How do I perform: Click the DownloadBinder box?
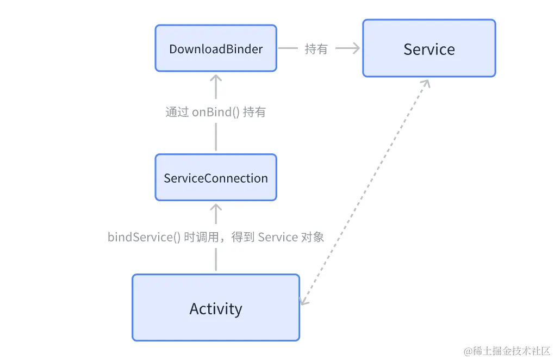(216, 48)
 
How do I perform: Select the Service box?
(429, 48)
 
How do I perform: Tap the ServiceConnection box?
(216, 178)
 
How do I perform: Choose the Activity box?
(216, 308)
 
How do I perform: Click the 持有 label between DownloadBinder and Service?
(316, 49)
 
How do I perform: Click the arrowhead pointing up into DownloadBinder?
(216, 77)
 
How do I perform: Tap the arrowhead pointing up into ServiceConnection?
(216, 207)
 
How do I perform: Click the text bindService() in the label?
(144, 237)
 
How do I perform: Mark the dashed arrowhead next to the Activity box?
(304, 301)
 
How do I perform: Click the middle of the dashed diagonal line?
(365, 191)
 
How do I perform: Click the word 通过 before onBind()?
(177, 113)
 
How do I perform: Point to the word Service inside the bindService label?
(278, 237)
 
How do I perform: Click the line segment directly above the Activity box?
(216, 259)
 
